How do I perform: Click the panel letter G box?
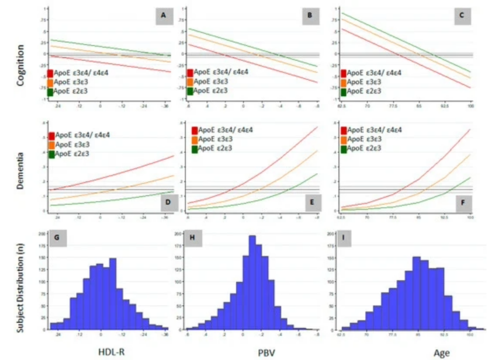point(57,238)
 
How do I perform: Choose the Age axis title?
point(441,352)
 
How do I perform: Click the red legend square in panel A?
point(50,73)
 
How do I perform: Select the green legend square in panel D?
point(51,154)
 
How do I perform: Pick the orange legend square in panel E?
point(195,139)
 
